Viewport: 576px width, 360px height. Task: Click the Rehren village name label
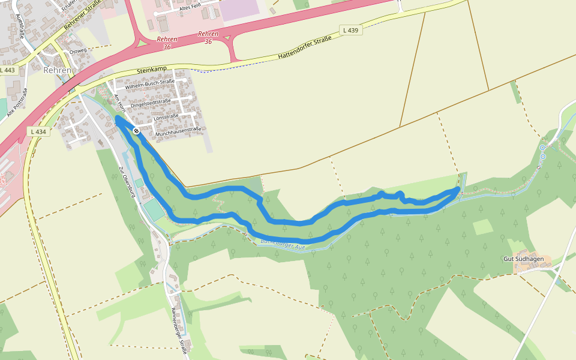tap(58, 70)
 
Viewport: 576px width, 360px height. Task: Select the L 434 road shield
tap(37, 131)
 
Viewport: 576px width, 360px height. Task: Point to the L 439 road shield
tap(351, 30)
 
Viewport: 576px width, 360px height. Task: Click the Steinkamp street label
tap(151, 70)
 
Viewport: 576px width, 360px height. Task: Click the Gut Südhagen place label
tap(523, 259)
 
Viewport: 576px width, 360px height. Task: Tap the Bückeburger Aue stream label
tap(283, 245)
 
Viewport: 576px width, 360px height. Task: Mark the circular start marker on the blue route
tap(137, 130)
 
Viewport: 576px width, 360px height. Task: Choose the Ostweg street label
tap(78, 50)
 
